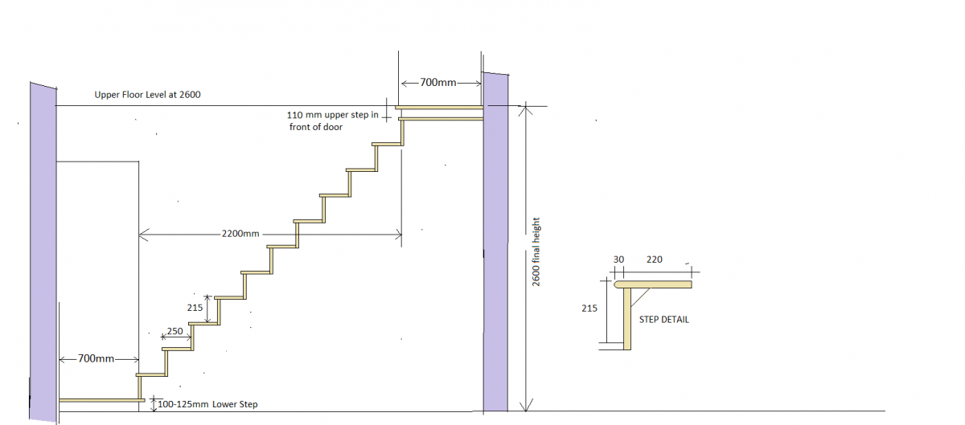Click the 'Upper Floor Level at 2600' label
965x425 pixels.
click(x=147, y=95)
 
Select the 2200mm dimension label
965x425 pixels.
click(x=240, y=234)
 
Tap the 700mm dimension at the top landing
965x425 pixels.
click(x=439, y=83)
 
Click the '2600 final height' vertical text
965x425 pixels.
click(x=536, y=251)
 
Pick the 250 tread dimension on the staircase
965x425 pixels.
click(x=175, y=332)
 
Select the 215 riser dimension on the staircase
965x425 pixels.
click(x=194, y=307)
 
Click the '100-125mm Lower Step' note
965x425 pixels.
click(x=208, y=404)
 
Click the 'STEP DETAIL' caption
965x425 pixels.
click(x=663, y=319)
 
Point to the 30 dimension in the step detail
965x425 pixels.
click(x=618, y=259)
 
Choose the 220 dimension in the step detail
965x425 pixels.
click(x=654, y=259)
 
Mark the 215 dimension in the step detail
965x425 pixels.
click(x=589, y=307)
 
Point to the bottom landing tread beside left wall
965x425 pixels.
click(x=101, y=399)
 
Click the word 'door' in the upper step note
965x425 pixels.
click(x=331, y=127)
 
